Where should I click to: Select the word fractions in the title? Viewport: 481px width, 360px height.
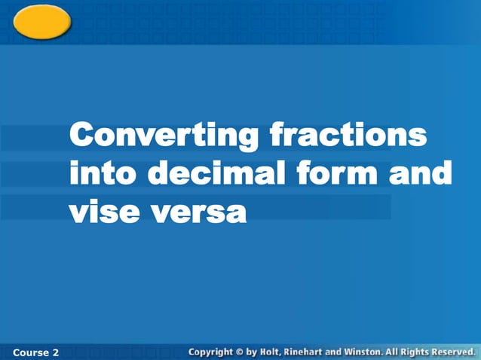point(348,136)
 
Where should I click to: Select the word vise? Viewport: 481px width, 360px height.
point(102,212)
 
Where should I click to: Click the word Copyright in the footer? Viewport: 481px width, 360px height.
point(210,352)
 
